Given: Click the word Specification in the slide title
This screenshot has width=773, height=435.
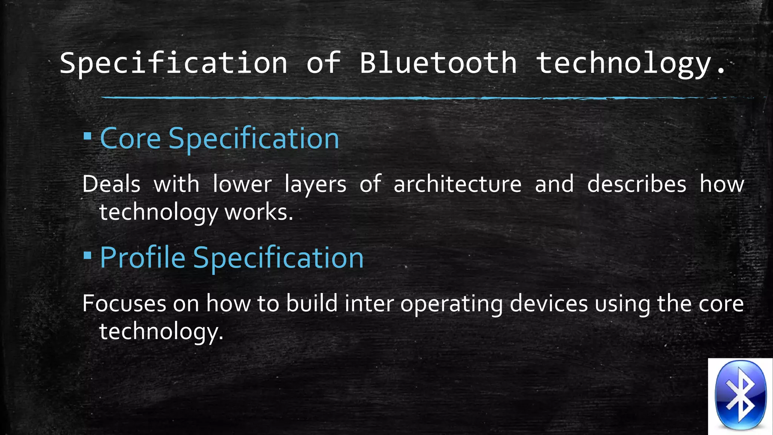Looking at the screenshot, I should [x=174, y=63].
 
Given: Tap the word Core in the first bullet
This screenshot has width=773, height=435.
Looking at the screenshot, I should [x=131, y=139].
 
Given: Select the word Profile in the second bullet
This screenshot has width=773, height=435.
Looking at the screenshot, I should [x=143, y=258].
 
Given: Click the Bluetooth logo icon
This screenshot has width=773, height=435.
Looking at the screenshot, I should [x=741, y=396].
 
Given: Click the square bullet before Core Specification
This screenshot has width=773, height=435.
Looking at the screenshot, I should [x=88, y=136].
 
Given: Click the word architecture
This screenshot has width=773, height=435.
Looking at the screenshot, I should [x=457, y=185].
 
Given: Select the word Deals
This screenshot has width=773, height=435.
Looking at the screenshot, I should [x=111, y=185].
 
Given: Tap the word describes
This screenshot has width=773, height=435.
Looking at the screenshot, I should [x=637, y=185].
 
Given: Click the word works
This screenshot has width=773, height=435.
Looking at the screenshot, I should [x=259, y=212].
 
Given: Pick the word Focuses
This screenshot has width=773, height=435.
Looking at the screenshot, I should [x=124, y=304].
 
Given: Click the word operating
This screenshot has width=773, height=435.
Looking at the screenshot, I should [x=451, y=304].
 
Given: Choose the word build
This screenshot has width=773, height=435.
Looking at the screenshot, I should [x=312, y=304].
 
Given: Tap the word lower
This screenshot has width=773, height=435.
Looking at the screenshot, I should [x=242, y=185].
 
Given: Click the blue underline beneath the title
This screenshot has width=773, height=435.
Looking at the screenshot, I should [x=415, y=98].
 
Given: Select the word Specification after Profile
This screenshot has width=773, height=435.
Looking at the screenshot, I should [x=278, y=258].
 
